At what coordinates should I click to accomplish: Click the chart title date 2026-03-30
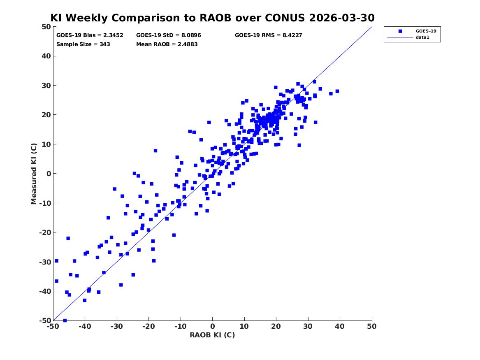pyautogui.click(x=342, y=18)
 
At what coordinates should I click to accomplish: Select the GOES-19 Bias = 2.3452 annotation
pyautogui.click(x=90, y=35)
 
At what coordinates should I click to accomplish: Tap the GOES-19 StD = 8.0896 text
pyautogui.click(x=169, y=35)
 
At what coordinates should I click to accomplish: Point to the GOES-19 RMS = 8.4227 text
pyautogui.click(x=269, y=35)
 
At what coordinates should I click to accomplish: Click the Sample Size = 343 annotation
pyautogui.click(x=83, y=44)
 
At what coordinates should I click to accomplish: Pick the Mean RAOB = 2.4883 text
pyautogui.click(x=167, y=44)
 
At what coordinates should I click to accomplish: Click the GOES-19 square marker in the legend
pyautogui.click(x=400, y=31)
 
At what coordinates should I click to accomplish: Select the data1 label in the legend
pyautogui.click(x=422, y=37)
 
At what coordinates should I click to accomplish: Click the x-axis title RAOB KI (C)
pyautogui.click(x=213, y=335)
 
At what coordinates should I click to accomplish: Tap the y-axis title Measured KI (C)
pyautogui.click(x=34, y=174)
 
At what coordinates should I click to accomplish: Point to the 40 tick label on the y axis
pyautogui.click(x=46, y=56)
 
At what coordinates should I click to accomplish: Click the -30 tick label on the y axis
pyautogui.click(x=45, y=262)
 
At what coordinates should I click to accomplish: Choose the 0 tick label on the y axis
pyautogui.click(x=49, y=174)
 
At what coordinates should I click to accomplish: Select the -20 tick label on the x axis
pyautogui.click(x=149, y=326)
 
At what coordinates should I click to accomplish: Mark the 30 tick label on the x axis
pyautogui.click(x=308, y=326)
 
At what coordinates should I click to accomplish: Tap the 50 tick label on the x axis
pyautogui.click(x=372, y=326)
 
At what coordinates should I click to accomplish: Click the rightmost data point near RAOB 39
pyautogui.click(x=337, y=91)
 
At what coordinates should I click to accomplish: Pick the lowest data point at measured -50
pyautogui.click(x=65, y=321)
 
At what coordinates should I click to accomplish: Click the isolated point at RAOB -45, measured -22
pyautogui.click(x=68, y=238)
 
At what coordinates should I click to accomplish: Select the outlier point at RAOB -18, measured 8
pyautogui.click(x=155, y=151)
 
